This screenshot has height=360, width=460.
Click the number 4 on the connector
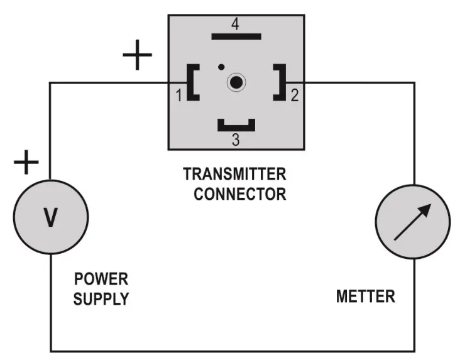(235, 25)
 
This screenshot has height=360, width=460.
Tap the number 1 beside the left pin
(178, 96)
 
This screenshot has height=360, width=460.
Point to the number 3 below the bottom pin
(236, 139)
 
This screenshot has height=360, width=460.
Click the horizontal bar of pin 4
(236, 36)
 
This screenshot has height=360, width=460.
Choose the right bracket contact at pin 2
(280, 82)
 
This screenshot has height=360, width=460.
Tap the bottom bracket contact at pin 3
(236, 126)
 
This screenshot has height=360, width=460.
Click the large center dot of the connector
(236, 82)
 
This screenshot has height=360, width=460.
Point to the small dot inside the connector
(221, 67)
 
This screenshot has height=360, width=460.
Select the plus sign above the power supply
(26, 163)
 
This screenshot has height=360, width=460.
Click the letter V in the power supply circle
(50, 217)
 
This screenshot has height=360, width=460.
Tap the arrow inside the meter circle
(413, 222)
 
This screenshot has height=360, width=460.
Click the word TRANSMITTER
(234, 173)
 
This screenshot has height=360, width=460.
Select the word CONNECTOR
(239, 194)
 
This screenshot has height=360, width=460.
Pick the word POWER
(101, 278)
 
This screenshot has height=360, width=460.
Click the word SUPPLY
(101, 299)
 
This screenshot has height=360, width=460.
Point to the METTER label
(366, 296)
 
